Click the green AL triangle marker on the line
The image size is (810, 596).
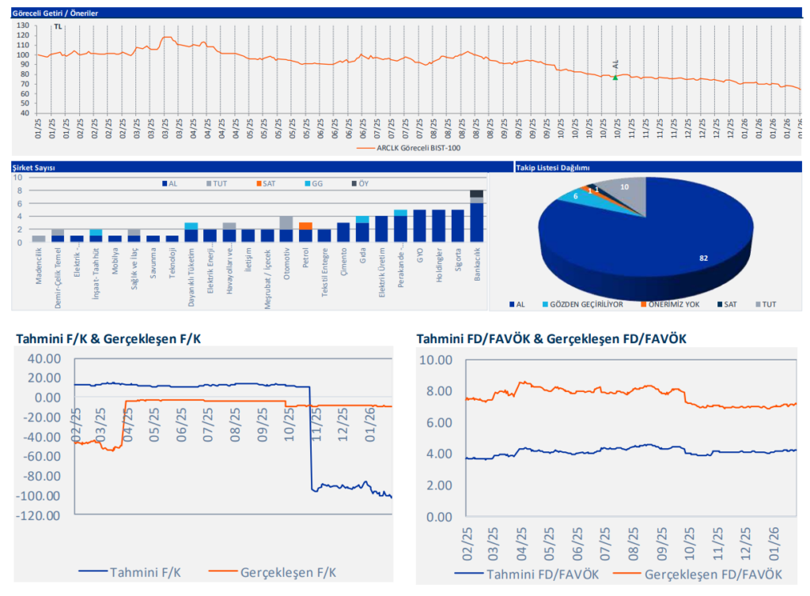tap(615, 77)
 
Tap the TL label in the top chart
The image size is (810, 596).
tap(57, 27)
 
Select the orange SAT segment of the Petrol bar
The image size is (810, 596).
tap(305, 225)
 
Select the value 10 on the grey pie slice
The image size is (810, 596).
tap(625, 187)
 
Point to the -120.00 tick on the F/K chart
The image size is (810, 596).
tap(38, 516)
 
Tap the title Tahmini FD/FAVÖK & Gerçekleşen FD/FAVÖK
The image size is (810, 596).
tap(551, 339)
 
